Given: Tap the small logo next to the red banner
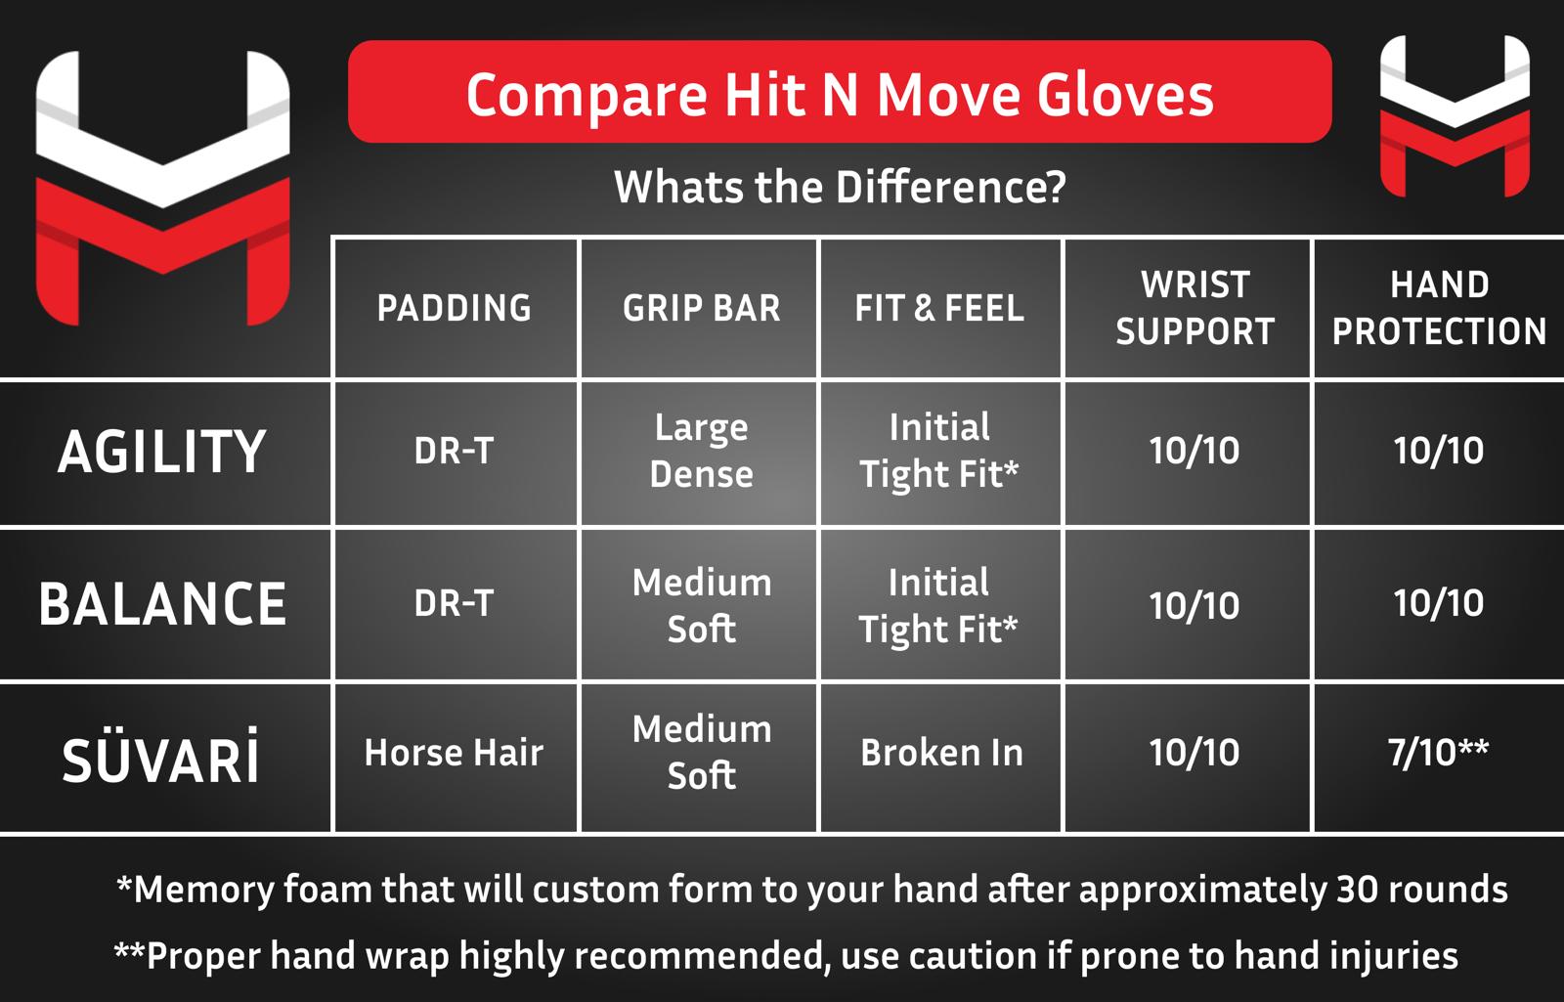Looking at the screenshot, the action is tap(1455, 116).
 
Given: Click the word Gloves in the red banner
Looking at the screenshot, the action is tap(1125, 96).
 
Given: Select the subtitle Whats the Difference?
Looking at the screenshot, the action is tap(840, 187).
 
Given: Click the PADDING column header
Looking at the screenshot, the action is tap(455, 308).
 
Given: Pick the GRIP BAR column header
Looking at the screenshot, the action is tap(701, 308).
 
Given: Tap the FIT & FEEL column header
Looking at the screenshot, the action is tap(939, 308).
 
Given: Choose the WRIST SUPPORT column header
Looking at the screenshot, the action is tap(1195, 308).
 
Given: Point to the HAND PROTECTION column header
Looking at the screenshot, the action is tap(1439, 308).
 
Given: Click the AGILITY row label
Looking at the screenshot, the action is tap(162, 452).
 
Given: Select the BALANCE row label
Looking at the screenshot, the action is tap(162, 604).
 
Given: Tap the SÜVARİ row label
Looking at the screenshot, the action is tap(160, 757).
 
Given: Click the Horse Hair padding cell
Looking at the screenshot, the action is tap(454, 753).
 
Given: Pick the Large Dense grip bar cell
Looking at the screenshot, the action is tap(701, 451).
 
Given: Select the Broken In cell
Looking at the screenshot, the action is tap(942, 753).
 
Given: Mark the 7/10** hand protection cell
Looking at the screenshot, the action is tap(1438, 753).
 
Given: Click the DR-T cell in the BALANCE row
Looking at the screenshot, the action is tap(454, 602).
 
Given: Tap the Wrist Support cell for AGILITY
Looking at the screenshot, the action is tap(1195, 451).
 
